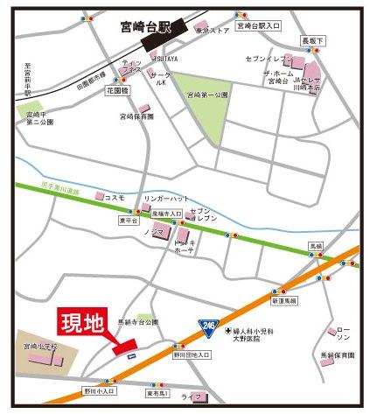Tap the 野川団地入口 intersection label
pyautogui.click(x=190, y=354)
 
